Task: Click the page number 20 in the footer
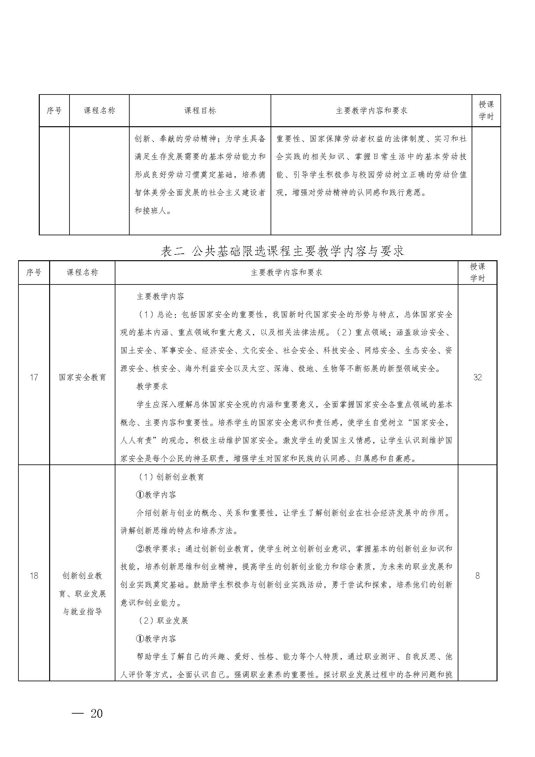(97, 714)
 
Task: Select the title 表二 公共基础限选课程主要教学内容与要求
(282, 251)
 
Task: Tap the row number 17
(34, 377)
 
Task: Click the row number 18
(34, 576)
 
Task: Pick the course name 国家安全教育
(82, 377)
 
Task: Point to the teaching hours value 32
(477, 377)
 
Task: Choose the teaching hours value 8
(477, 576)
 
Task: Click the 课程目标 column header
(200, 110)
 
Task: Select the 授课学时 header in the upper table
(486, 110)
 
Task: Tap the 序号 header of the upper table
(54, 110)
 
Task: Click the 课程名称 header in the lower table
(82, 273)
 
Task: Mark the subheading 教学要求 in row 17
(152, 386)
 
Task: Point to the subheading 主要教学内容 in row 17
(160, 296)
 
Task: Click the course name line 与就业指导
(82, 612)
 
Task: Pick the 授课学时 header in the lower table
(477, 273)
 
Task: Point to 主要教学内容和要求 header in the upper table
(371, 110)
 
